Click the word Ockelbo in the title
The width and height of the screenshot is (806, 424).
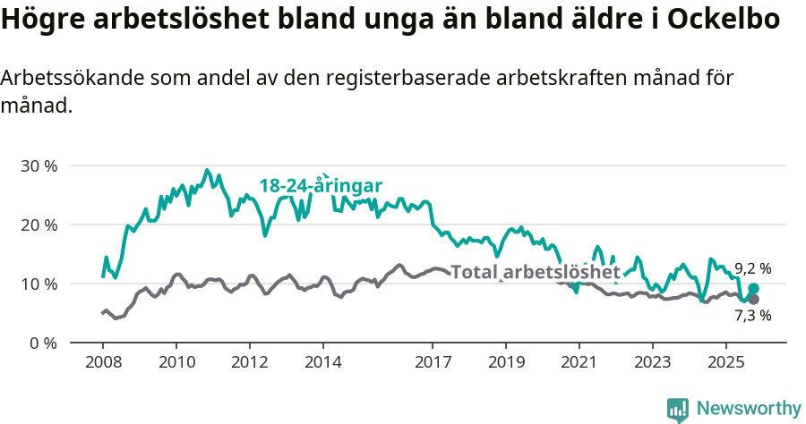[724, 21]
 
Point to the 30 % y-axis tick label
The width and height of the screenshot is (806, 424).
[38, 166]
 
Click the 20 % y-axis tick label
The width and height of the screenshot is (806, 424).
[38, 225]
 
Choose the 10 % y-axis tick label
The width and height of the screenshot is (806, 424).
[38, 284]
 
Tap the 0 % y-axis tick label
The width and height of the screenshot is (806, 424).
[42, 343]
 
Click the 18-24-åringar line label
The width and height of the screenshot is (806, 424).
[321, 185]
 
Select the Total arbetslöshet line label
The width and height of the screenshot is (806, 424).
[536, 272]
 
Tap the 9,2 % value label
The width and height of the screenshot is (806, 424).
[753, 268]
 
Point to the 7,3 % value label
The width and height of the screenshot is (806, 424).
[753, 315]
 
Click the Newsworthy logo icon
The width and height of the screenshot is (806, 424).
[678, 409]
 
